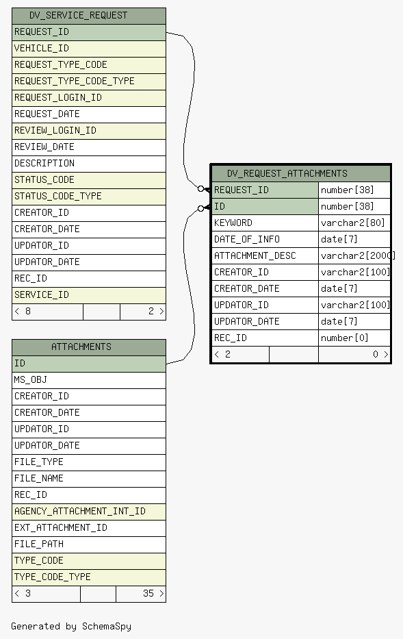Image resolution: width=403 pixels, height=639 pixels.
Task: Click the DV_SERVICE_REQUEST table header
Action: [x=89, y=16]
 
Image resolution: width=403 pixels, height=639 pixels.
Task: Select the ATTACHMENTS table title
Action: [x=81, y=347]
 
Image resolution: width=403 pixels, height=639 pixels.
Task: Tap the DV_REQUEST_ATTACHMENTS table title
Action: [x=287, y=173]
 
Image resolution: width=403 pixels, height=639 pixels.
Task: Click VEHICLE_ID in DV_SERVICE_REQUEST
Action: [x=89, y=49]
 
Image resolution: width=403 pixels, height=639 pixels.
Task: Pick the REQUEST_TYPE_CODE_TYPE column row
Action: [x=89, y=82]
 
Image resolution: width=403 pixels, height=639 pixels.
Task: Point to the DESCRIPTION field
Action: [x=89, y=164]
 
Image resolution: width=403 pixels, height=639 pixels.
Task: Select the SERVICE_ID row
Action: [x=89, y=295]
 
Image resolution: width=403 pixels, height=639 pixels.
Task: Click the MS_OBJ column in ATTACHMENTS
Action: [x=89, y=380]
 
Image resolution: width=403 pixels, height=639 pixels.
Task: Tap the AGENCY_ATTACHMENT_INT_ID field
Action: [x=89, y=512]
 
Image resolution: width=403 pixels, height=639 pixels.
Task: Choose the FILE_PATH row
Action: [x=89, y=544]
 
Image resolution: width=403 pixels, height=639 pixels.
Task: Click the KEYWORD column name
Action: [x=233, y=223]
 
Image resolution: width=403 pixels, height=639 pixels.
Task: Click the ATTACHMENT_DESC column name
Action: [x=255, y=256]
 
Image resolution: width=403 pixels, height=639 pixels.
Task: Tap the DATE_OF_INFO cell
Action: [x=265, y=239]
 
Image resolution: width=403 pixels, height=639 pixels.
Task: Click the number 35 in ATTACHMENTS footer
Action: [x=148, y=593]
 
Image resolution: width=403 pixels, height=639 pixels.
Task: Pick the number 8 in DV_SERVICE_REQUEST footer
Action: [x=27, y=312]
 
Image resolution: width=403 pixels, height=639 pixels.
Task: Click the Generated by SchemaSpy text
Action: [x=71, y=627]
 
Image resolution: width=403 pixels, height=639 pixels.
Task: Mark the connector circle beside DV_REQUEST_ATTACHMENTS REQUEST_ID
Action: [x=200, y=188]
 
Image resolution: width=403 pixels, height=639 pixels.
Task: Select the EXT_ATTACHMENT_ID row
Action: [x=89, y=528]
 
